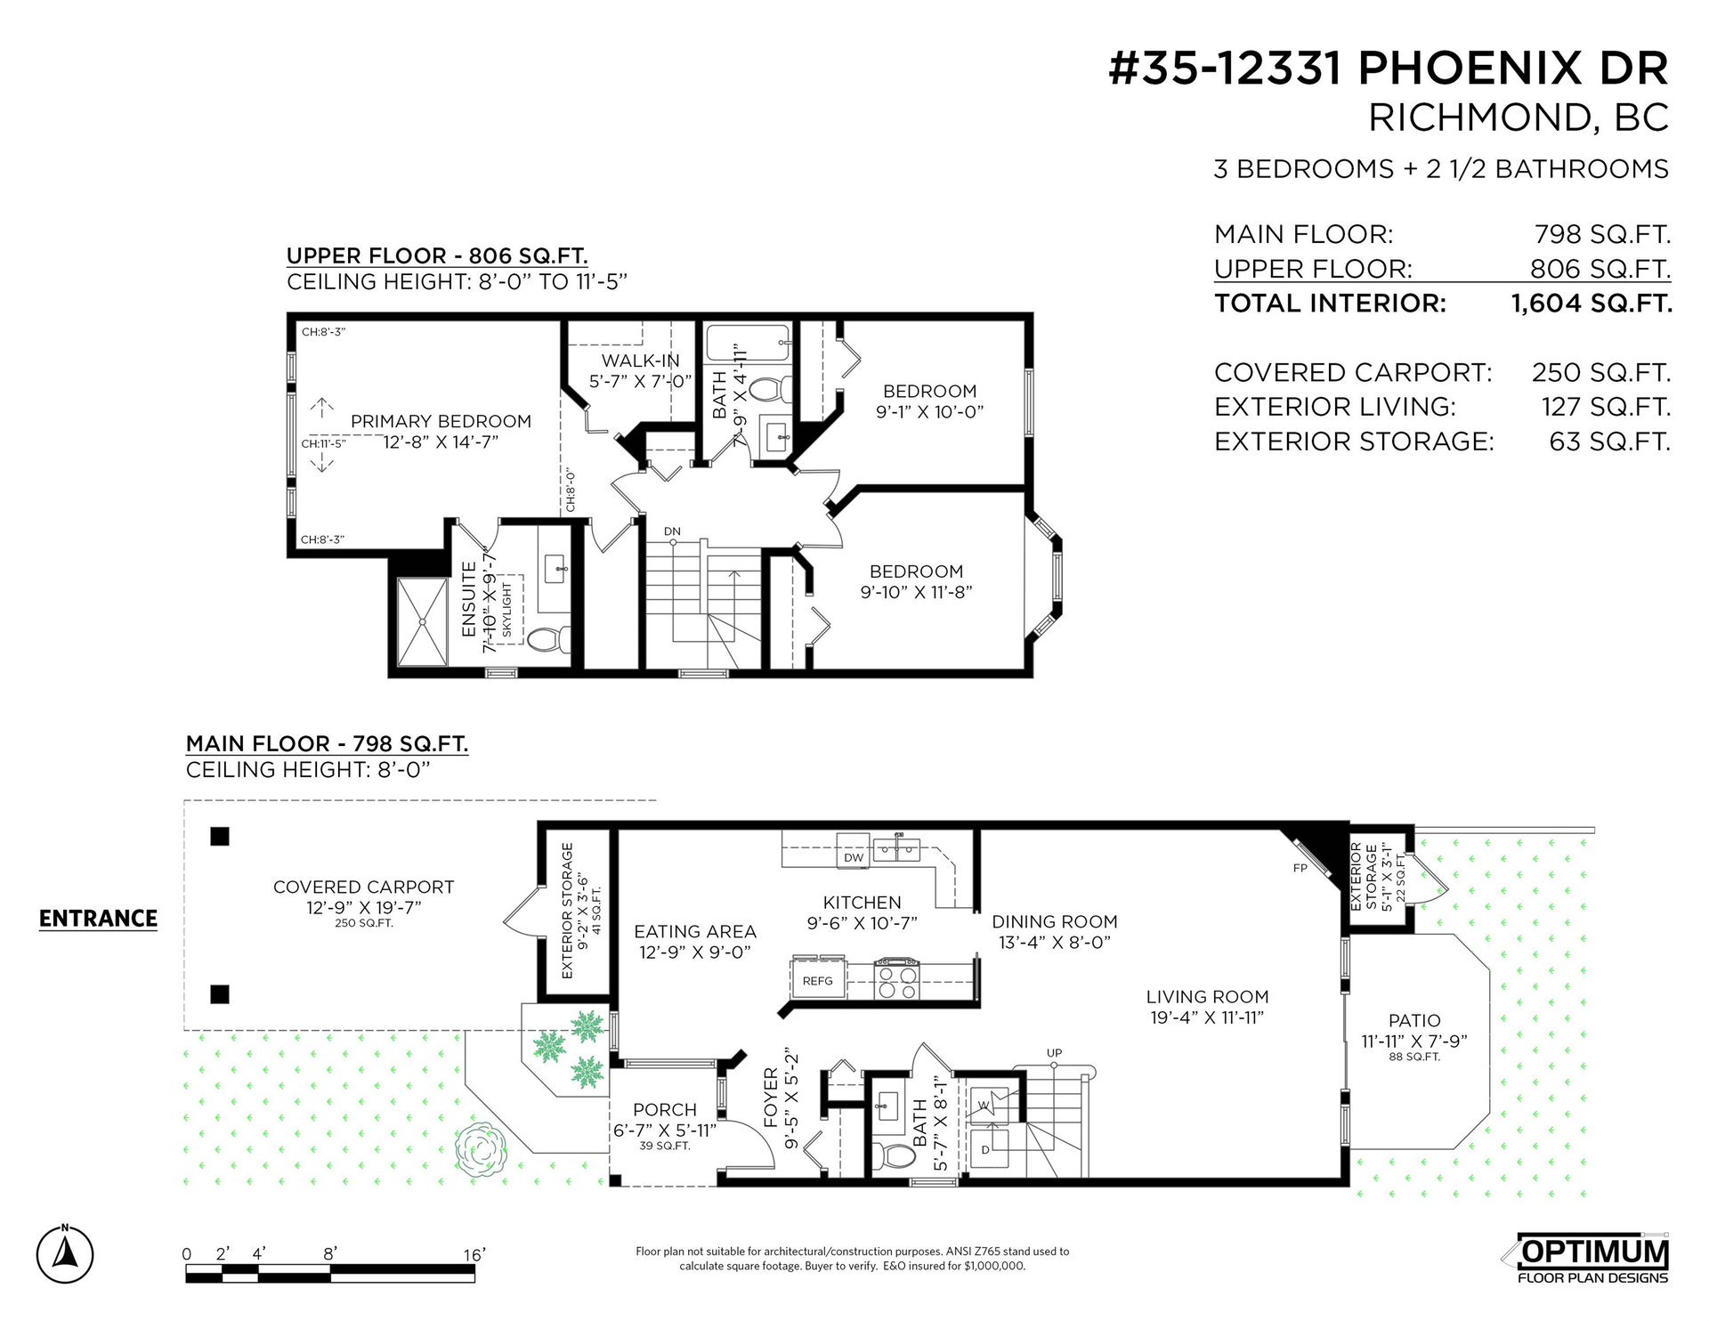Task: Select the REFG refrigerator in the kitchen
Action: point(818,981)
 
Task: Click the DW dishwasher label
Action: point(854,857)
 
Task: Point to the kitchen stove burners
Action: point(895,979)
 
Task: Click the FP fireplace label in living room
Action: point(1300,867)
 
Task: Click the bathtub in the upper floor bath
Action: point(748,348)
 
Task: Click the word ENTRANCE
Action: point(98,919)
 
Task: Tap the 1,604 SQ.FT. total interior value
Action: point(1592,304)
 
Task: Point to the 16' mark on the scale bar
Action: point(474,1254)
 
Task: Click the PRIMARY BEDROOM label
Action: point(441,421)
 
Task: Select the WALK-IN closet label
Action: point(640,361)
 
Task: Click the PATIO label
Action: point(1414,1021)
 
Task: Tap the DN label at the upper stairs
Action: point(672,531)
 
